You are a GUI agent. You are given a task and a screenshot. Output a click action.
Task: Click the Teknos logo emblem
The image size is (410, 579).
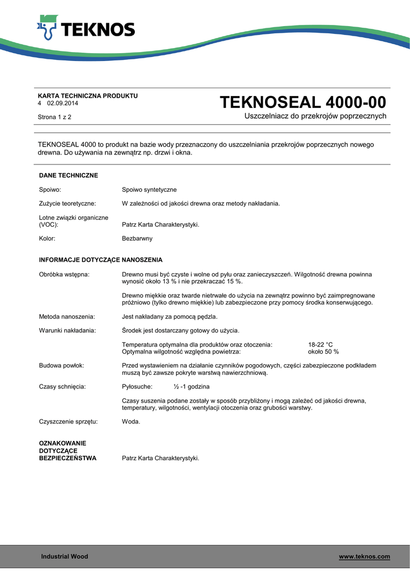coord(47,28)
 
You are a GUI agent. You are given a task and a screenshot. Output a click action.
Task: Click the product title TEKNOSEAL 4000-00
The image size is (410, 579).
coord(302,102)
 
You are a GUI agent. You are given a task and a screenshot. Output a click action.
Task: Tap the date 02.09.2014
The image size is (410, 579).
coord(63,103)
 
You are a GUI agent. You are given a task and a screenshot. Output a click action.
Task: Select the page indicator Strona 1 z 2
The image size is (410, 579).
coord(54,117)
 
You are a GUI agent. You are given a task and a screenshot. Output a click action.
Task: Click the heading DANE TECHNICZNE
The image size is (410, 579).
coord(69,176)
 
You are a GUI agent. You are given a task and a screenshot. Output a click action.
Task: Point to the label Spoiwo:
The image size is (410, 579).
coord(50,190)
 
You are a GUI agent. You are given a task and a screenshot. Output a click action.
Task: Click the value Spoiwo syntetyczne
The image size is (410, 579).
coord(150,190)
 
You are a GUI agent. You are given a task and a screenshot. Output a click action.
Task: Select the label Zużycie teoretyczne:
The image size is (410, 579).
coord(67,204)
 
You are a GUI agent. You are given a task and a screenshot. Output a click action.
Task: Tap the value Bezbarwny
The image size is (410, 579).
coord(138,239)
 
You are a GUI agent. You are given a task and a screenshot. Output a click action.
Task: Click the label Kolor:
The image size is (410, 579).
coord(47,239)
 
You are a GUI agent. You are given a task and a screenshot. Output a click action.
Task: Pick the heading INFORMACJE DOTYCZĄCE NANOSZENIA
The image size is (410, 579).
coord(101,260)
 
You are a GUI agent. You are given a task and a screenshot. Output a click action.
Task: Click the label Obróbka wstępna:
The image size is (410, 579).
coord(65,274)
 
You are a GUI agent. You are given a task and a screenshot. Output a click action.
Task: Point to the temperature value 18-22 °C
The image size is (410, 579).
coord(321,344)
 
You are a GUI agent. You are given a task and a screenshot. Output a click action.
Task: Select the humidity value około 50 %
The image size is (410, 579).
coord(323,352)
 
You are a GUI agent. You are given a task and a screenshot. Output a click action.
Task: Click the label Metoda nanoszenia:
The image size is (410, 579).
coord(67,317)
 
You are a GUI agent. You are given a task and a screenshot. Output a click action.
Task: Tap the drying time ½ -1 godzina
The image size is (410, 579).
coord(191,387)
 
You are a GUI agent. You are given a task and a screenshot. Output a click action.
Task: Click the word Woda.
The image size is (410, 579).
coord(131,422)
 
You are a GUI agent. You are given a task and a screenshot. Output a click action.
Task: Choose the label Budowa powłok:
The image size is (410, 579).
coord(62,366)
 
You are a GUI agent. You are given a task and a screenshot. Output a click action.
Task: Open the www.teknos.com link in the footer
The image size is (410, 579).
coord(364,557)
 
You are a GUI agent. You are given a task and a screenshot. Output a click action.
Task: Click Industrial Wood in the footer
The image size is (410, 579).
coord(65,557)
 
